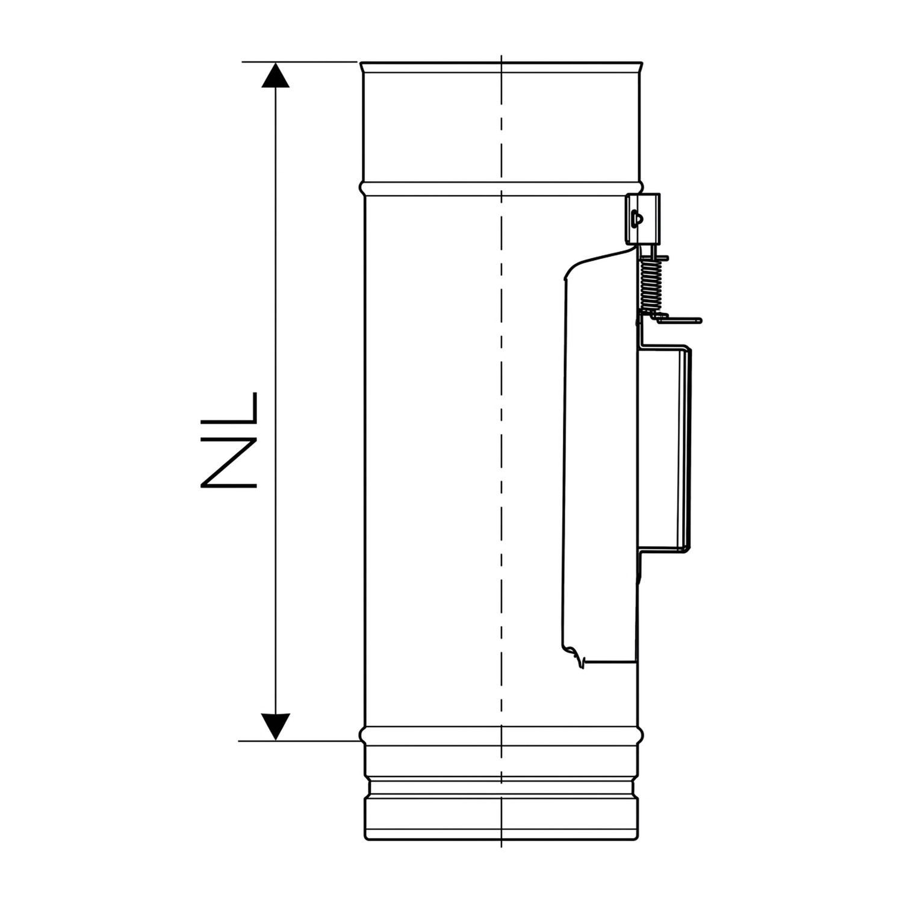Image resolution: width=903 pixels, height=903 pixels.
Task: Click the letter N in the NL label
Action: click(x=229, y=458)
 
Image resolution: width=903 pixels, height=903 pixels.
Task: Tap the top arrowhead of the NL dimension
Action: click(x=275, y=75)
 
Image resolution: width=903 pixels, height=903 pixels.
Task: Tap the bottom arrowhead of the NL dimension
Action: click(x=275, y=727)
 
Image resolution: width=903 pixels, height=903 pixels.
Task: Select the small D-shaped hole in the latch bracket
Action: click(x=636, y=217)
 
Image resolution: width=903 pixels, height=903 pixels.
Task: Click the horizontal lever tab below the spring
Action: click(x=677, y=319)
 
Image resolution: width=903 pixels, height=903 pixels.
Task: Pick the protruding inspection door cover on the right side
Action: click(x=665, y=448)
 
